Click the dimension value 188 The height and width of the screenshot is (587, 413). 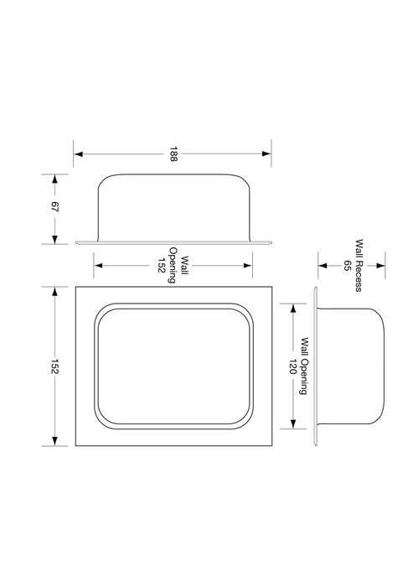pyautogui.click(x=173, y=153)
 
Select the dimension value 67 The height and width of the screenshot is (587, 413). pyautogui.click(x=54, y=207)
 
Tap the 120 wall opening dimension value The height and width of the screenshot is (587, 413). pyautogui.click(x=292, y=366)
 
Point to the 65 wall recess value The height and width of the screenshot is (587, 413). pyautogui.click(x=347, y=266)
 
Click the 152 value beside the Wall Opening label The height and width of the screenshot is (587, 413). pyautogui.click(x=161, y=266)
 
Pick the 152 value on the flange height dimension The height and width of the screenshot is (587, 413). pyautogui.click(x=54, y=366)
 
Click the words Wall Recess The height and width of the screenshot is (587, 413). pyautogui.click(x=359, y=266)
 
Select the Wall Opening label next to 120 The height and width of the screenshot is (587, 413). pyautogui.click(x=304, y=366)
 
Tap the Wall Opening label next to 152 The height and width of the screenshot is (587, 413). pyautogui.click(x=178, y=266)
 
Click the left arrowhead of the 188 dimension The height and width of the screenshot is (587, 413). pyautogui.click(x=79, y=153)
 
